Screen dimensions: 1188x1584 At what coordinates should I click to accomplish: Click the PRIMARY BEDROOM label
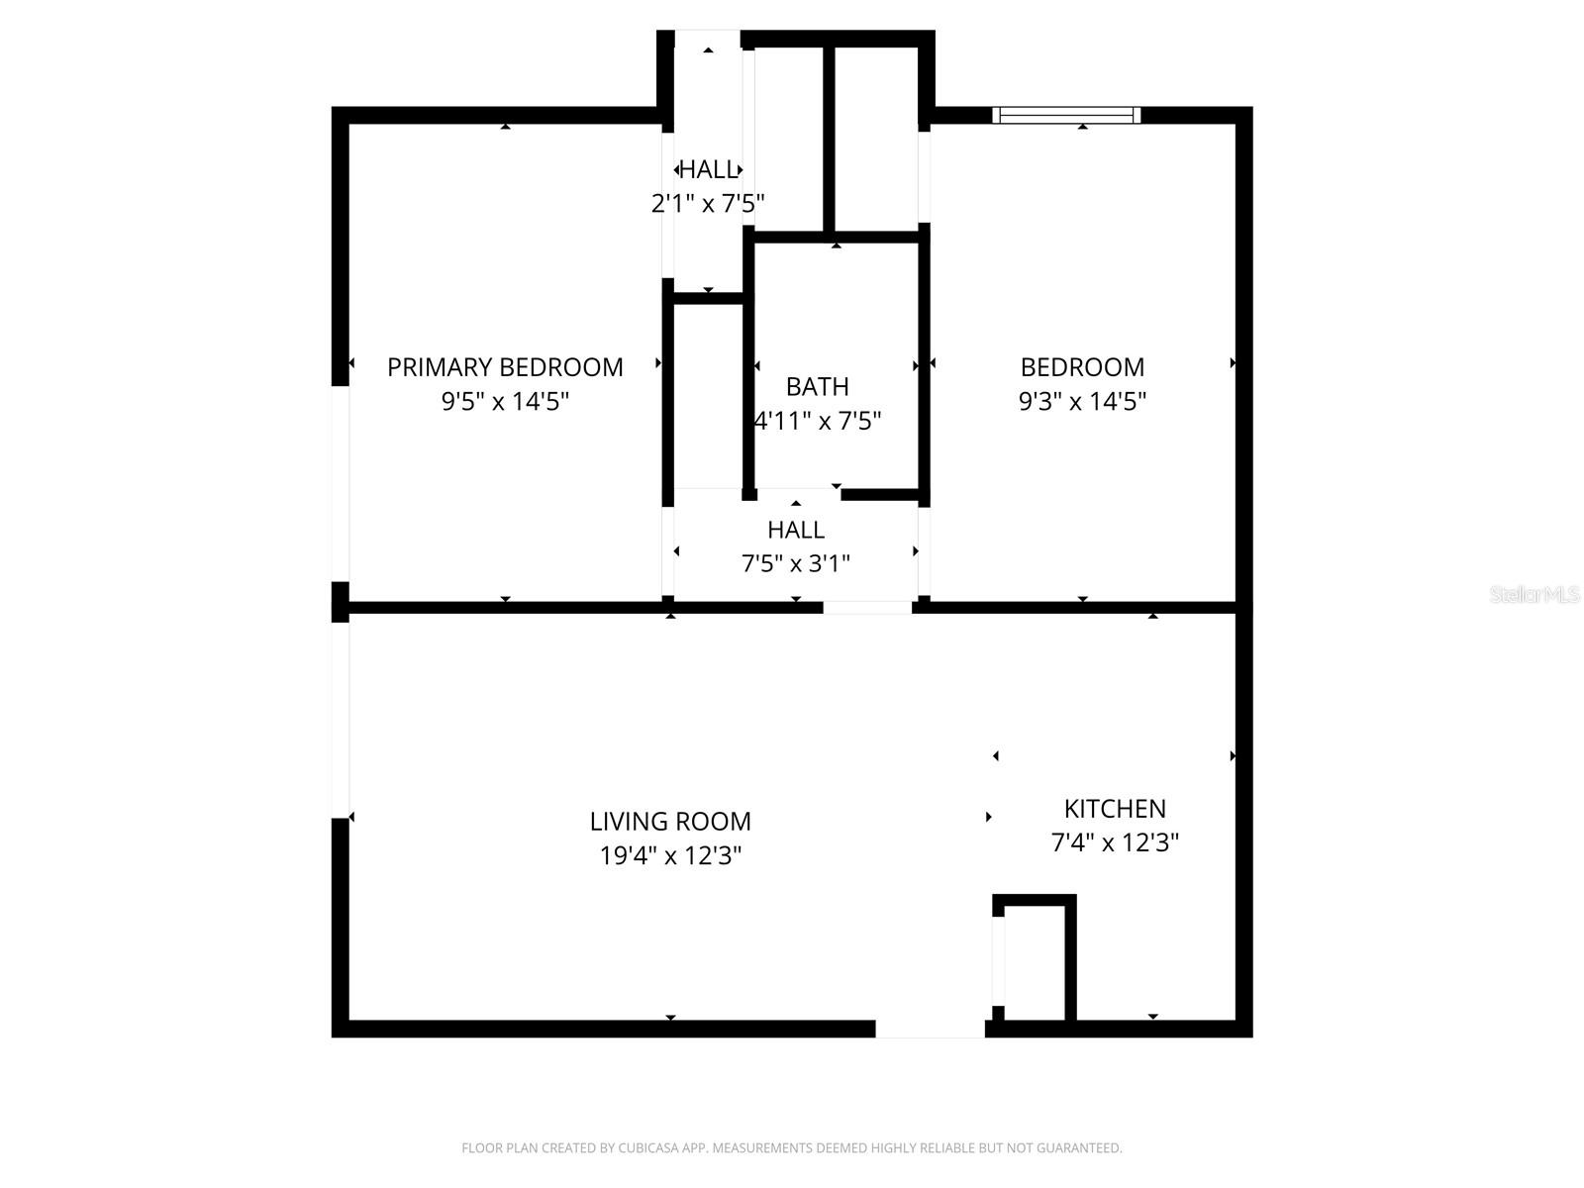point(505,367)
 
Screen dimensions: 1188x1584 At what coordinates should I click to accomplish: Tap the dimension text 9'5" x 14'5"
point(505,402)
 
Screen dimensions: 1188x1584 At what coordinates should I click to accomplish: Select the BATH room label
point(817,386)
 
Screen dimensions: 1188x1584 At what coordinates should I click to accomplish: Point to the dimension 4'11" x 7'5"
point(818,422)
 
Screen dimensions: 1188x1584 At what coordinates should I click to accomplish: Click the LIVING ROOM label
point(670,821)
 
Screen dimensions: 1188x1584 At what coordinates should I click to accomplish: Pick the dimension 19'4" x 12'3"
point(670,855)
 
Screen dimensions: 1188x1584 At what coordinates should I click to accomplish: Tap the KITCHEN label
point(1115,808)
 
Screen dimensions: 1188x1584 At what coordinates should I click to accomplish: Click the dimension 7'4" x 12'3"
point(1115,842)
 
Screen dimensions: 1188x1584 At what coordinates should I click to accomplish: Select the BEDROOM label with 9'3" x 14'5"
point(1082,367)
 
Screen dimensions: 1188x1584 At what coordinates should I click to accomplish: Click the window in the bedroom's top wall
point(1066,115)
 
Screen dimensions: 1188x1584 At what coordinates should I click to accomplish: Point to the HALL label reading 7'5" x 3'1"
point(795,530)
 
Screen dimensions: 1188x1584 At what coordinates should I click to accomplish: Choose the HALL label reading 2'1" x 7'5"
point(708,169)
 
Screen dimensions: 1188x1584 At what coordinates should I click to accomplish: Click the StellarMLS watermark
point(1534,595)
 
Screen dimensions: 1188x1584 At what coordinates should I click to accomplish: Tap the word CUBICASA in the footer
point(651,1148)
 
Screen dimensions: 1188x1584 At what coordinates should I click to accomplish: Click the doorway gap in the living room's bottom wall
point(930,1030)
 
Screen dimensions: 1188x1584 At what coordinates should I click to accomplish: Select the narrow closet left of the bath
point(707,396)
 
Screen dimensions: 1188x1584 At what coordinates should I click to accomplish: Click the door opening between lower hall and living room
point(867,607)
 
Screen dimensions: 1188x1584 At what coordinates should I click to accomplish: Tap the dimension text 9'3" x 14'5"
point(1082,402)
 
